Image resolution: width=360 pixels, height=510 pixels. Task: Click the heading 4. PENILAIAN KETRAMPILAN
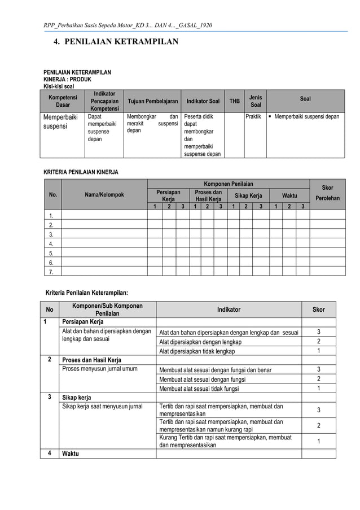point(116,42)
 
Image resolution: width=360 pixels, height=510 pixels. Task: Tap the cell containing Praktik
point(253,117)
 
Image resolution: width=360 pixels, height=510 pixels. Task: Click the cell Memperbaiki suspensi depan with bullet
point(306,117)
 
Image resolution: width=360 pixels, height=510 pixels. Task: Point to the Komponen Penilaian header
point(229,184)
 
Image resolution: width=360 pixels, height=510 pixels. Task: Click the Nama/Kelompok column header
point(104,195)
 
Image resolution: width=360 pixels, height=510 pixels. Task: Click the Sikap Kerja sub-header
point(248,195)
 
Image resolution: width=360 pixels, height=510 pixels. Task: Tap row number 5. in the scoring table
point(52,253)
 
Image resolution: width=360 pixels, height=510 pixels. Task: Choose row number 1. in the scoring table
point(52,215)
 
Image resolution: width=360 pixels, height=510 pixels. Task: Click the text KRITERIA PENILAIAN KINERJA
point(81,172)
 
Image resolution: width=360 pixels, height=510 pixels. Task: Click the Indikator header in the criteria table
point(229,310)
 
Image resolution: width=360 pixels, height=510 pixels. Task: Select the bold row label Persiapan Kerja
point(82,321)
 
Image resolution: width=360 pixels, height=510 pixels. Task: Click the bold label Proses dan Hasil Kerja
point(91,360)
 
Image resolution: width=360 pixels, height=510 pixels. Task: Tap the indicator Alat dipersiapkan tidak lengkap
point(197,351)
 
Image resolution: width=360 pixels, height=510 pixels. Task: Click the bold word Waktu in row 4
point(71,454)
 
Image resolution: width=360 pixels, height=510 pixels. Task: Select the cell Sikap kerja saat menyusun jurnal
point(102,406)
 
